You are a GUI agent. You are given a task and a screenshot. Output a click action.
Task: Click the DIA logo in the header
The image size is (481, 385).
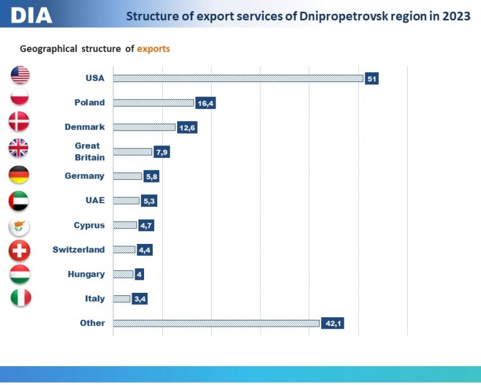point(31,15)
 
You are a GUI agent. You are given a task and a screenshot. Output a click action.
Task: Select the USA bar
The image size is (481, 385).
point(238,78)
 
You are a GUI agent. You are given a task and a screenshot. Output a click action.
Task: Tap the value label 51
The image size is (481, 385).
point(371,78)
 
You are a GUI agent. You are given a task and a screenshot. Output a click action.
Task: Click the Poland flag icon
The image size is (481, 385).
point(19,97)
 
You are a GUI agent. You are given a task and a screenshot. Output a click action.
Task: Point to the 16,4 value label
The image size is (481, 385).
point(205,103)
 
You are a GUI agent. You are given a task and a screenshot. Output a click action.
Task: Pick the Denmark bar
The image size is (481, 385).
point(144,127)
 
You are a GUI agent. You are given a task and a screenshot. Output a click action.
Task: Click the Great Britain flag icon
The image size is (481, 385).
point(18,148)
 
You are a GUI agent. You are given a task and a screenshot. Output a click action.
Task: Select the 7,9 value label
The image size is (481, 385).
point(162,152)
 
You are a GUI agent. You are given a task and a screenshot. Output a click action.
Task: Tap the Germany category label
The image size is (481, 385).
point(85,176)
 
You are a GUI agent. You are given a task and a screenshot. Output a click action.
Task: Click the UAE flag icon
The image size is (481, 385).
point(19,201)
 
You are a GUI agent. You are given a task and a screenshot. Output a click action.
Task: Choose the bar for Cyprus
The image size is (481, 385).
point(125,225)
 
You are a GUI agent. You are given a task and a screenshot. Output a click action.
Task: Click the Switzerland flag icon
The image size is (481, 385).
point(19,251)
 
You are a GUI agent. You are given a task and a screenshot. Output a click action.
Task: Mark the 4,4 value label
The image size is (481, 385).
point(145,250)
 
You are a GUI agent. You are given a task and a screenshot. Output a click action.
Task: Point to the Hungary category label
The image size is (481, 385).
point(86,274)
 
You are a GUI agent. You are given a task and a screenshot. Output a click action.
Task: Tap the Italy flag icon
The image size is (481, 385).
point(21,298)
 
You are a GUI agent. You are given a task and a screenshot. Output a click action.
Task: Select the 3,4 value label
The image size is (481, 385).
point(140,298)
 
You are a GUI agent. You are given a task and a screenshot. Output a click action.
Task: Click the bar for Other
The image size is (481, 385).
point(216,324)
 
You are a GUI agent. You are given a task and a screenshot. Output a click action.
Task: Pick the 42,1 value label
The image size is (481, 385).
point(333,324)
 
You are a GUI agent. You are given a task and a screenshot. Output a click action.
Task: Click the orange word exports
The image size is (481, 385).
point(153,49)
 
